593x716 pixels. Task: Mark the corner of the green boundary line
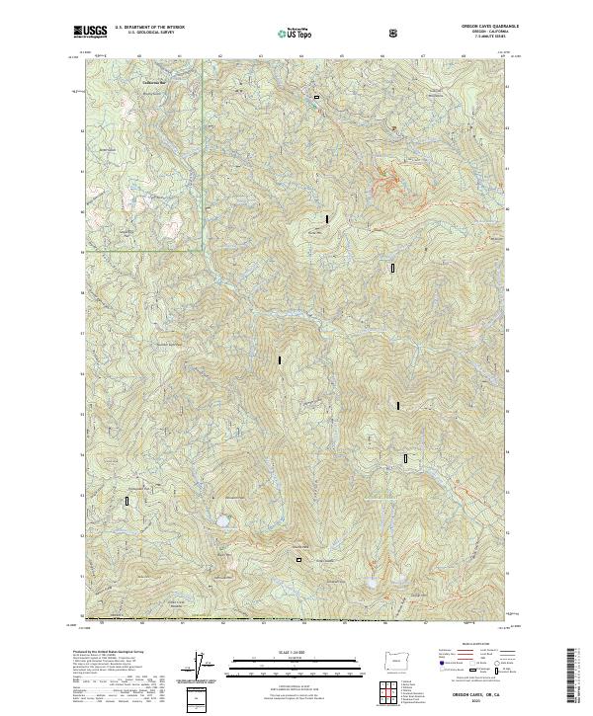point(203,250)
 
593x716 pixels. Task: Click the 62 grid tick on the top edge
point(219,56)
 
